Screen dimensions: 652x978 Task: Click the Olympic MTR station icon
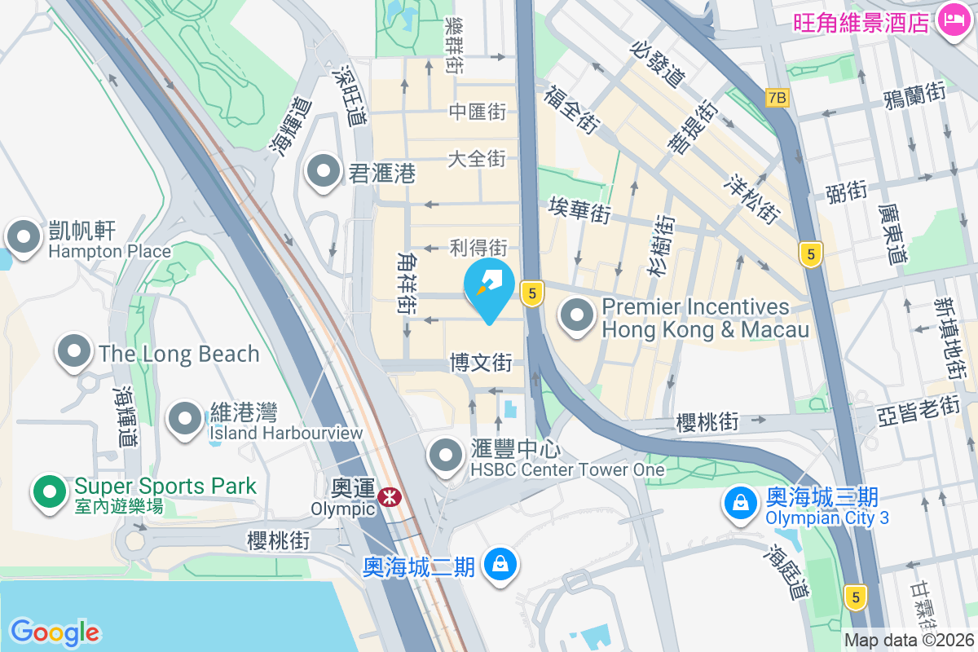pyautogui.click(x=389, y=494)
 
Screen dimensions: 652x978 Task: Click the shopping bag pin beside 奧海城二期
pyautogui.click(x=499, y=563)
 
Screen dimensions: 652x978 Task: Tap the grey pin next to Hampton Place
pyautogui.click(x=24, y=237)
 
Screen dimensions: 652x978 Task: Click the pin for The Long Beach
pyautogui.click(x=75, y=352)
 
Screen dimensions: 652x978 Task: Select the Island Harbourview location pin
pyautogui.click(x=185, y=418)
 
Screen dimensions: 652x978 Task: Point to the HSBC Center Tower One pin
pyautogui.click(x=446, y=456)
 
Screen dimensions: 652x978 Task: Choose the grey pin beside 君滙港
pyautogui.click(x=324, y=171)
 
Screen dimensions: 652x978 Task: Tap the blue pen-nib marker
pyautogui.click(x=489, y=288)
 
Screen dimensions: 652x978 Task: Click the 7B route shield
pyautogui.click(x=778, y=98)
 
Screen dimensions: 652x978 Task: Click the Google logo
pyautogui.click(x=55, y=632)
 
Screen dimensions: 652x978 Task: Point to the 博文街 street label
pyautogui.click(x=481, y=362)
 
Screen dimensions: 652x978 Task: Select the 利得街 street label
pyautogui.click(x=478, y=247)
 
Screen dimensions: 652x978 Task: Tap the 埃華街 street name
pyautogui.click(x=579, y=209)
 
